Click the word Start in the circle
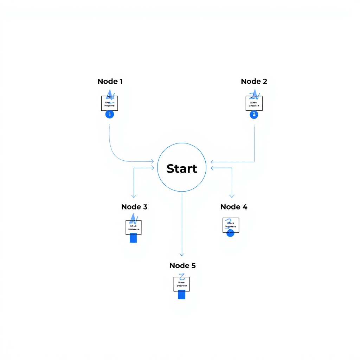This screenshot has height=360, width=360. click(x=182, y=168)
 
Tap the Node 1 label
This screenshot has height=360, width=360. click(x=110, y=82)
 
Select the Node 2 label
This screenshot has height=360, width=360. click(x=254, y=82)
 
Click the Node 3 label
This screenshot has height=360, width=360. click(x=134, y=207)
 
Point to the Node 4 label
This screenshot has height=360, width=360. click(x=234, y=207)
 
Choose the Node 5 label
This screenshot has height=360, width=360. click(x=182, y=265)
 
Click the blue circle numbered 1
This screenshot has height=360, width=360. click(x=110, y=114)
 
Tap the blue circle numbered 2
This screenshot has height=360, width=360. click(x=254, y=114)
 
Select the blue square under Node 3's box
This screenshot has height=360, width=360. click(x=133, y=238)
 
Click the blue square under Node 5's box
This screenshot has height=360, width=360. click(x=181, y=295)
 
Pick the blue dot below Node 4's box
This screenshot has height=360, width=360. click(x=230, y=233)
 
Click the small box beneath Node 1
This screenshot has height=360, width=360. click(x=110, y=103)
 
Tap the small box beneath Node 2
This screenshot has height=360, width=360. click(x=254, y=103)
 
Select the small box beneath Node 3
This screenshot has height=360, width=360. click(x=134, y=227)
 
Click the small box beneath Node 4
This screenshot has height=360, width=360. click(x=231, y=225)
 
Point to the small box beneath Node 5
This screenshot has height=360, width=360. click(x=181, y=284)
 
